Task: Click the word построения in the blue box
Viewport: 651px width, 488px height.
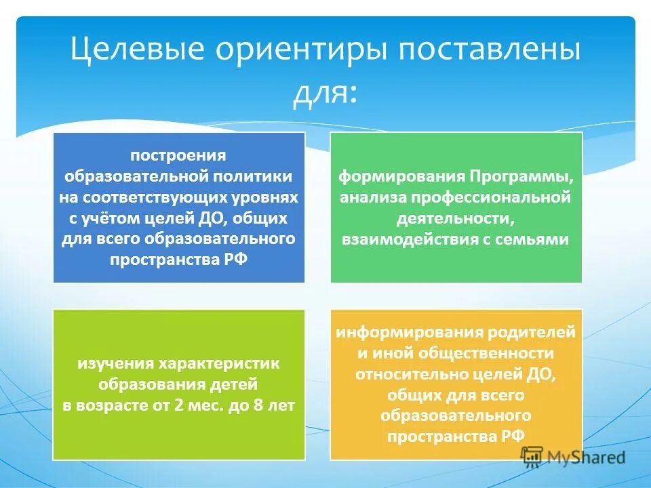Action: (x=178, y=155)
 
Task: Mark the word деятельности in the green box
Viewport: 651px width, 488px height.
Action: (x=456, y=218)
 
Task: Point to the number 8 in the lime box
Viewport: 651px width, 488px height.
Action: (x=264, y=406)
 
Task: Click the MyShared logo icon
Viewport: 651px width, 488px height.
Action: (x=533, y=457)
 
